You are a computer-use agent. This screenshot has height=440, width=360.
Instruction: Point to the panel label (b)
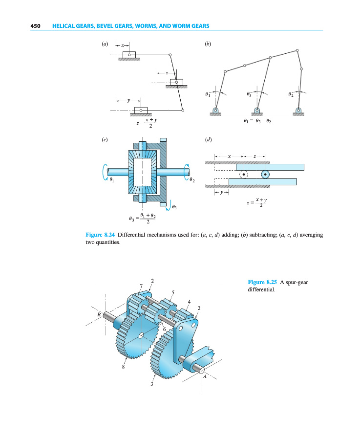point(208,44)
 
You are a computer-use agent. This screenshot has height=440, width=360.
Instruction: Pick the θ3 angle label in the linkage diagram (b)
point(249,93)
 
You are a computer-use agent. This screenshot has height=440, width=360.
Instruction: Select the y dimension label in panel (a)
point(127,100)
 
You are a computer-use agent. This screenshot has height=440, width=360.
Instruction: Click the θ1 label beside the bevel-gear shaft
point(112,180)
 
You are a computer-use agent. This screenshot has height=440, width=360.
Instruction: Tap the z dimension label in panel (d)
point(254,156)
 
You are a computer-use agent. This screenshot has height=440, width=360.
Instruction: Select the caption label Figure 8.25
point(263,282)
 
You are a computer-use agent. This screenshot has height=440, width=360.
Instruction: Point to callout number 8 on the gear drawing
point(123,367)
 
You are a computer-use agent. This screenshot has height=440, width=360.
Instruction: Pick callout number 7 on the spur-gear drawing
point(141,286)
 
